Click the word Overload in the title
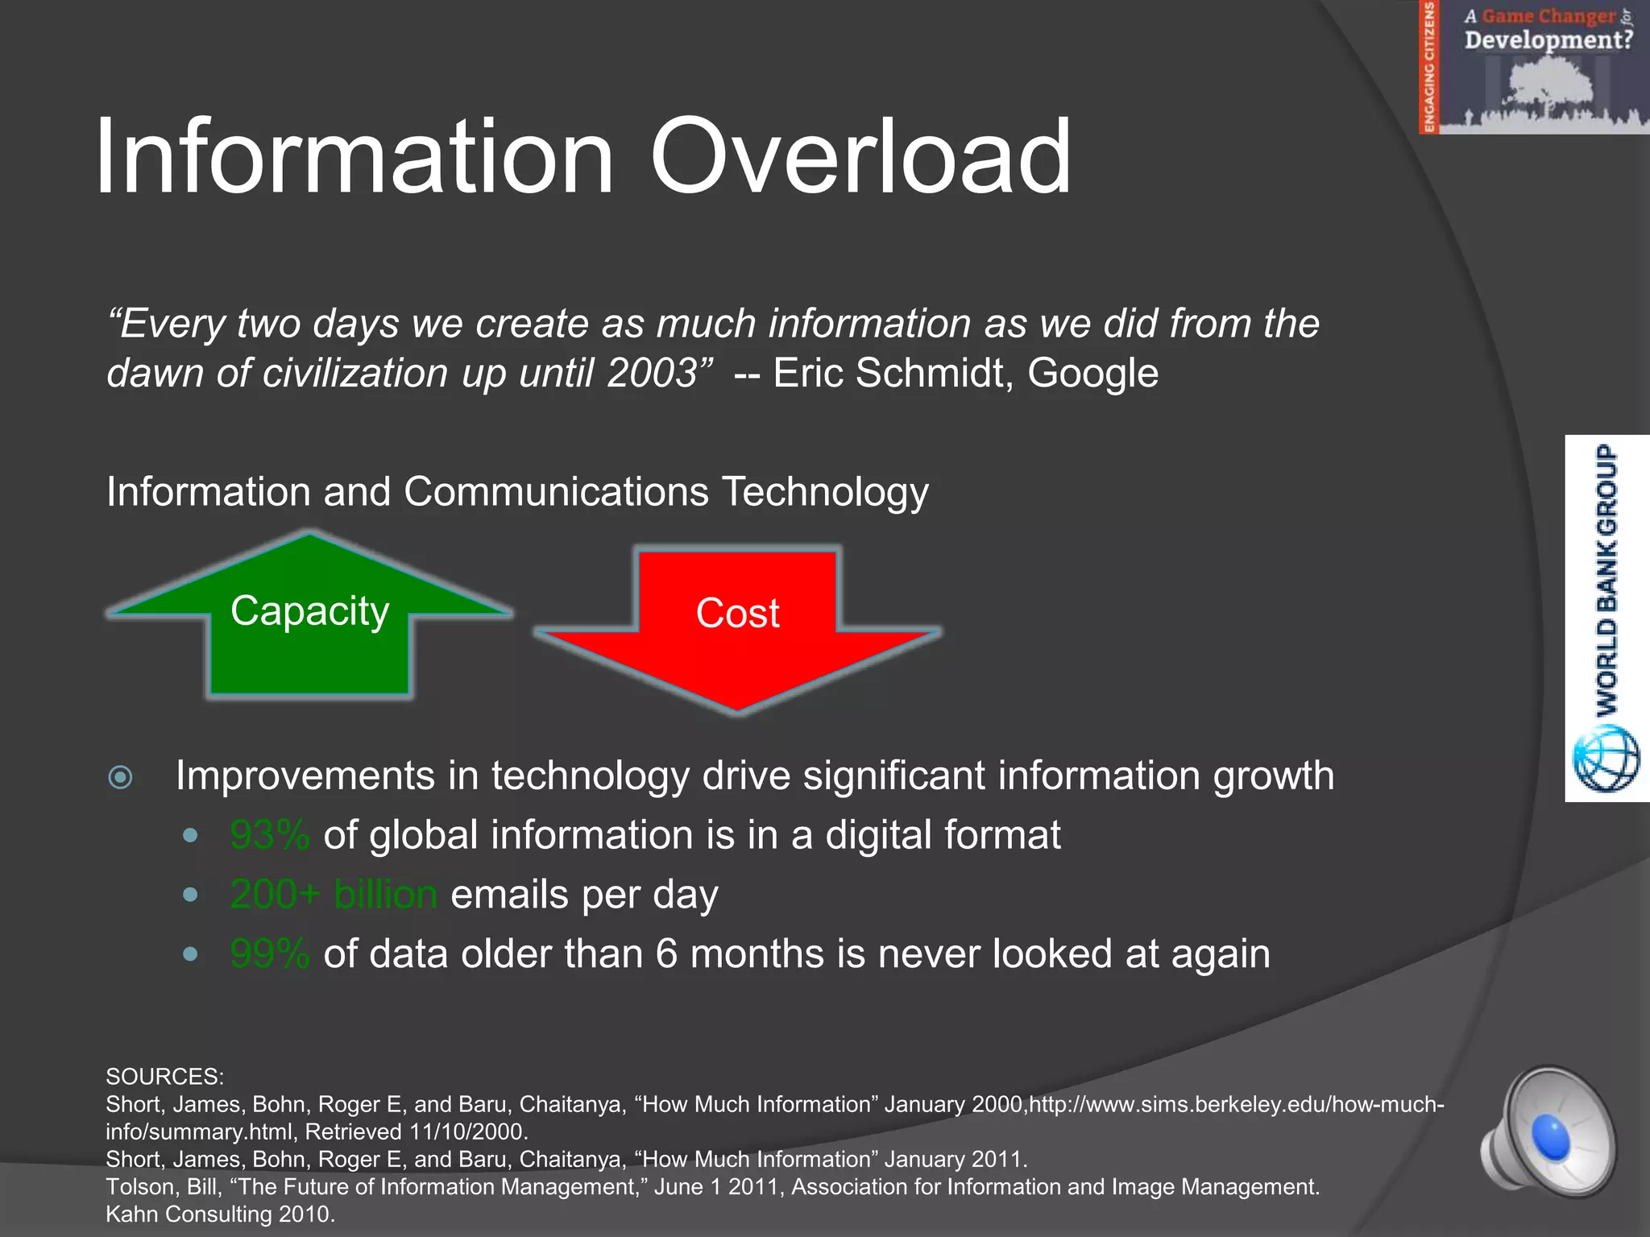(x=860, y=157)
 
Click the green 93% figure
(x=269, y=835)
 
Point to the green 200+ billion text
(x=334, y=895)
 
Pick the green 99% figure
(x=269, y=954)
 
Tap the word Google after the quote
(x=1092, y=374)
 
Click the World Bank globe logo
(x=1606, y=759)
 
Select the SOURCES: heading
(x=165, y=1077)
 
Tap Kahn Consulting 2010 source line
(x=220, y=1214)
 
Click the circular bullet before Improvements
(x=121, y=777)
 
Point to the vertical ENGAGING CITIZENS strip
(x=1429, y=67)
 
